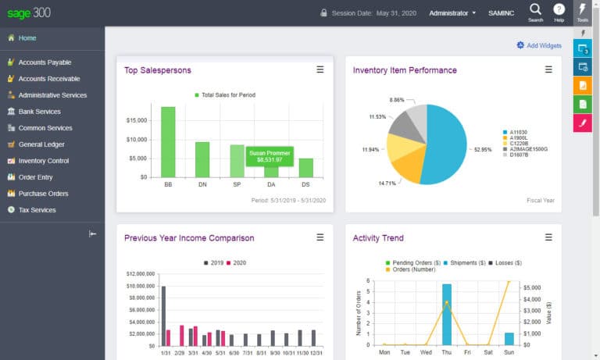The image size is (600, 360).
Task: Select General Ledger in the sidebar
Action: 41,144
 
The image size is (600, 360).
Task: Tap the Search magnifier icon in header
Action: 535,9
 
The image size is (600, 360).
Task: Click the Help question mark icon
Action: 559,9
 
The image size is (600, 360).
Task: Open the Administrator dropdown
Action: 452,13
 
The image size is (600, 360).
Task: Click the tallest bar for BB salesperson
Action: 168,141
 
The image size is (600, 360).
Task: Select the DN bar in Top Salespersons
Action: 202,159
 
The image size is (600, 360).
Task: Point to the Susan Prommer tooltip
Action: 270,156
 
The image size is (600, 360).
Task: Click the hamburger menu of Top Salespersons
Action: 320,70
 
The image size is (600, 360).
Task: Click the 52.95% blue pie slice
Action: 445,144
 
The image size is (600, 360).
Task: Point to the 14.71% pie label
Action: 387,183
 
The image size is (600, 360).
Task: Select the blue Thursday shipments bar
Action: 447,315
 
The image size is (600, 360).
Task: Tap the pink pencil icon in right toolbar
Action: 583,123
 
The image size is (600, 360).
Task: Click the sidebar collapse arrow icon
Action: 92,233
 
